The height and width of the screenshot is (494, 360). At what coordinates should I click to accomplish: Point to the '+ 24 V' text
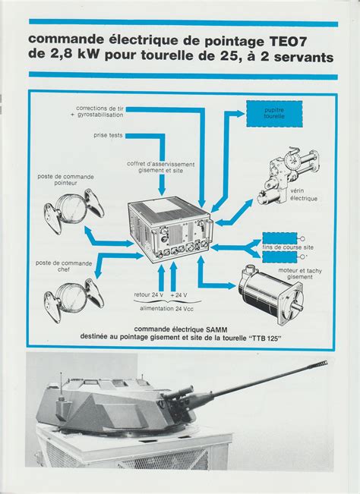(x=179, y=294)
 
